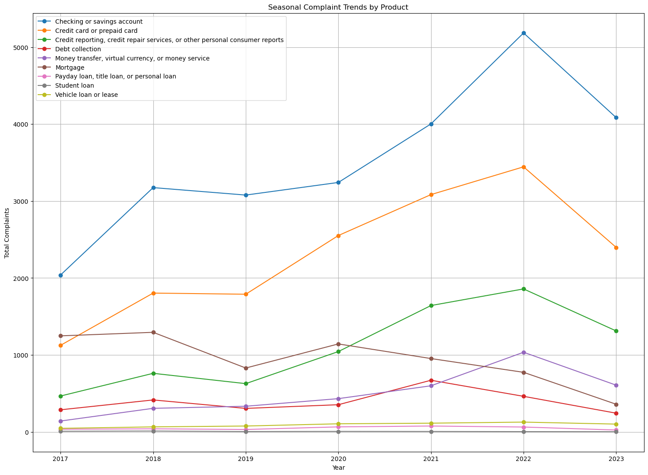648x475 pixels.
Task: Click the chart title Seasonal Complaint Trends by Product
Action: click(338, 7)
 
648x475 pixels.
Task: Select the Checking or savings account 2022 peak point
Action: click(524, 33)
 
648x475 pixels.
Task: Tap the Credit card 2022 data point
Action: click(524, 167)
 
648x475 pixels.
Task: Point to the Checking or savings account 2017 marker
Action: click(60, 275)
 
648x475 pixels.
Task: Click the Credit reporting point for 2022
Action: click(524, 289)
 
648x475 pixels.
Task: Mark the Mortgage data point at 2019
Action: click(246, 368)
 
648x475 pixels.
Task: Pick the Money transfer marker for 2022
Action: click(524, 352)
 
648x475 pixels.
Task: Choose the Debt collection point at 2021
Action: click(431, 380)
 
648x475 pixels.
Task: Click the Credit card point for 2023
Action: click(616, 248)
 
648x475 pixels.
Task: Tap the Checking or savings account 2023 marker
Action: click(616, 117)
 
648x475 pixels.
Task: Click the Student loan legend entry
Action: click(78, 85)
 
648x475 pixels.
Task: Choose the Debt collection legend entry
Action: click(81, 49)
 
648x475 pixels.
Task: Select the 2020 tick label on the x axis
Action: click(338, 458)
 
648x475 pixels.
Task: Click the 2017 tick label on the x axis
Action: click(60, 458)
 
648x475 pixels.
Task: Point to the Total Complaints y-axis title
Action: click(7, 233)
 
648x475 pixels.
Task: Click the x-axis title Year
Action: click(338, 468)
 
